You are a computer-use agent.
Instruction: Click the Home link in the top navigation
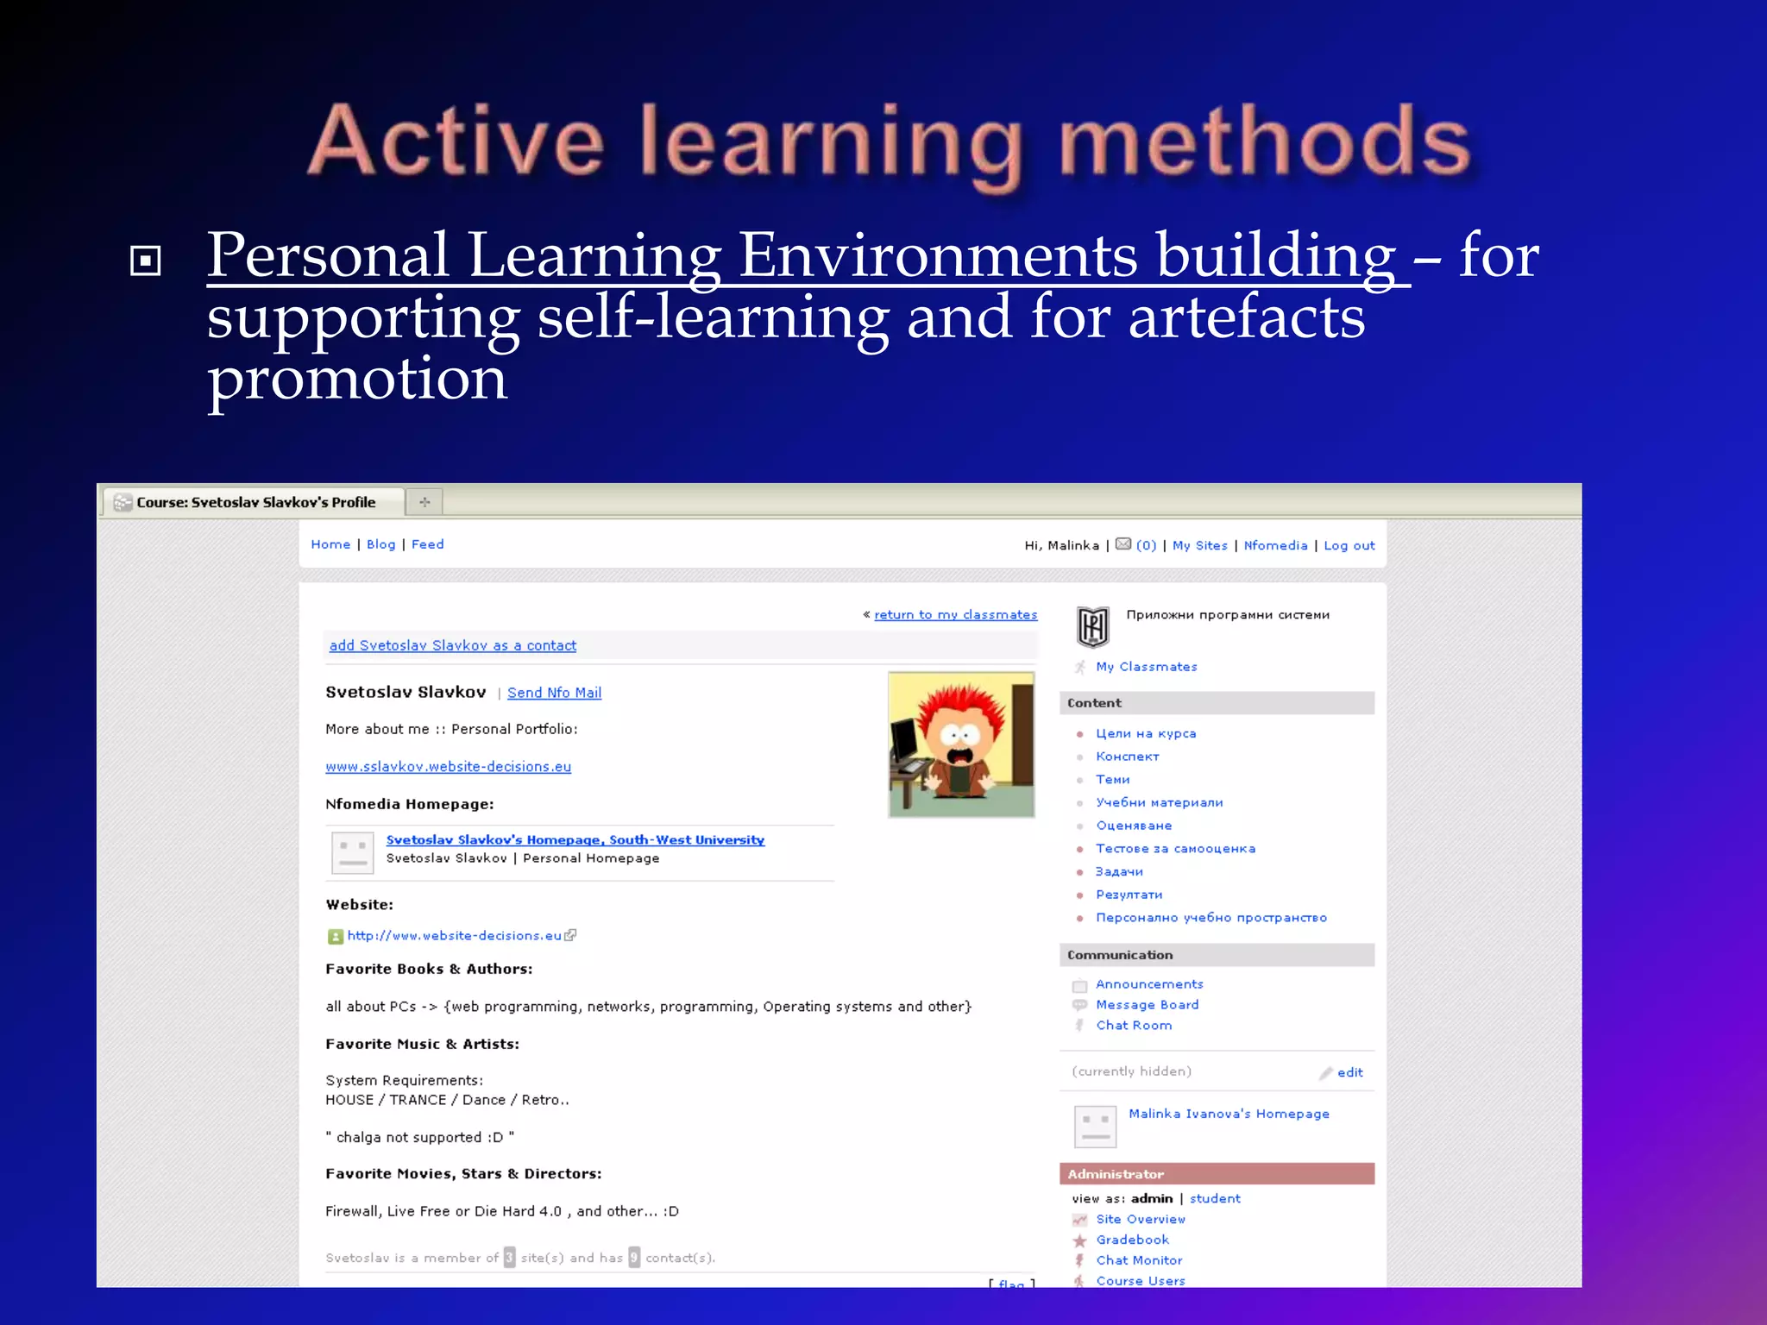click(330, 544)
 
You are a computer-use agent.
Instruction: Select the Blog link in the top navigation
click(380, 544)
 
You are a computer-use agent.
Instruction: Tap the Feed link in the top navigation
click(427, 544)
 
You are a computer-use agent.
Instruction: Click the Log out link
click(1349, 545)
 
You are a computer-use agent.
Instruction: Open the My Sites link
click(1199, 545)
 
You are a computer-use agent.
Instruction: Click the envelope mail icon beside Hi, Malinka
click(1123, 544)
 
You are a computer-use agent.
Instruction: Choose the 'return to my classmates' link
click(955, 614)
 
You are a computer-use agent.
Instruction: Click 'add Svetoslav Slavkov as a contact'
click(453, 645)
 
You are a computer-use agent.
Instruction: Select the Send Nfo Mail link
click(554, 693)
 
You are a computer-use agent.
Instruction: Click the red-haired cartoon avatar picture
click(961, 744)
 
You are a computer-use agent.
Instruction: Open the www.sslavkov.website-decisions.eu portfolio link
click(448, 767)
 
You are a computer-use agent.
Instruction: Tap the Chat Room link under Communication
click(1134, 1026)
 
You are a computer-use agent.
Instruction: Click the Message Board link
click(1147, 1005)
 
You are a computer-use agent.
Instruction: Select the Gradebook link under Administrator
click(1132, 1240)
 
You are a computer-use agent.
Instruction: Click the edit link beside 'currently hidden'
click(1349, 1073)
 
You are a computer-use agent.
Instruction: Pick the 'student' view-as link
click(1215, 1198)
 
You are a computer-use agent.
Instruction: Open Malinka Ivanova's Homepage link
click(1229, 1114)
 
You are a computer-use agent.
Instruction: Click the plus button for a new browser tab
click(424, 502)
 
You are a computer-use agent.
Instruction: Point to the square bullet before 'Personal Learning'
click(145, 261)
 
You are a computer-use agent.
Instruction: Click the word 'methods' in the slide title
click(1264, 142)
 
